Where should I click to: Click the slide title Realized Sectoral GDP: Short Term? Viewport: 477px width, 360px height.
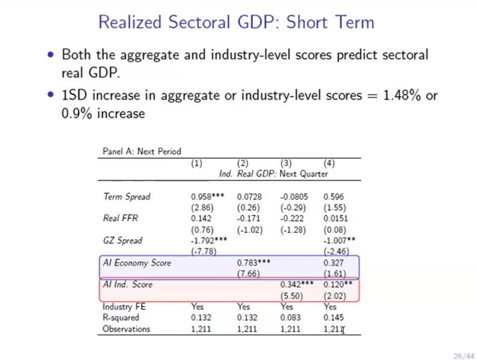236,22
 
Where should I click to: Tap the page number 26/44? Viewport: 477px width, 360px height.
461,355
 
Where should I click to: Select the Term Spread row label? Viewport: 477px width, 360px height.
126,197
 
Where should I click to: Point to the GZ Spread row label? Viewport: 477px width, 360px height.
122,241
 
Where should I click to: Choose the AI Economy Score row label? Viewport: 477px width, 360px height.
137,262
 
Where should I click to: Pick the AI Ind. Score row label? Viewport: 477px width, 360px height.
128,285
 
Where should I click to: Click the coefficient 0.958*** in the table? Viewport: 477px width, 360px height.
207,197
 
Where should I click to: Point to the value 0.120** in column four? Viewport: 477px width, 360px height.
338,285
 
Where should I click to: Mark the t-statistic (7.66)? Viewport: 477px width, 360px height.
247,273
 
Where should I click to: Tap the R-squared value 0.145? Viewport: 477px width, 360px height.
334,317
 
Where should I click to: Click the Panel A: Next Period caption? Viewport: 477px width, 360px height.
142,152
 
